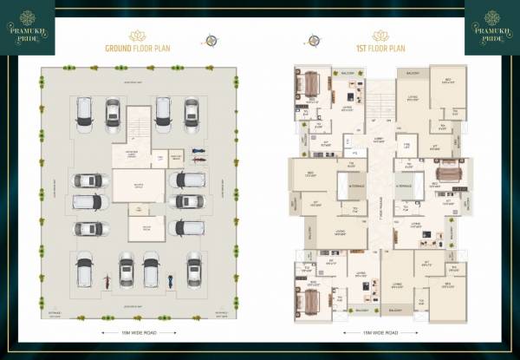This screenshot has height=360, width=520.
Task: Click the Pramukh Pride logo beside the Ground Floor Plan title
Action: point(27,26)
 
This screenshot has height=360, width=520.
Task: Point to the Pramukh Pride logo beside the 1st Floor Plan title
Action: point(491,26)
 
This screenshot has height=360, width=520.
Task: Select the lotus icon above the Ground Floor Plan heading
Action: point(137,36)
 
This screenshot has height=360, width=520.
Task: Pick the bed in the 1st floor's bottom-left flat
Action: point(309,299)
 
